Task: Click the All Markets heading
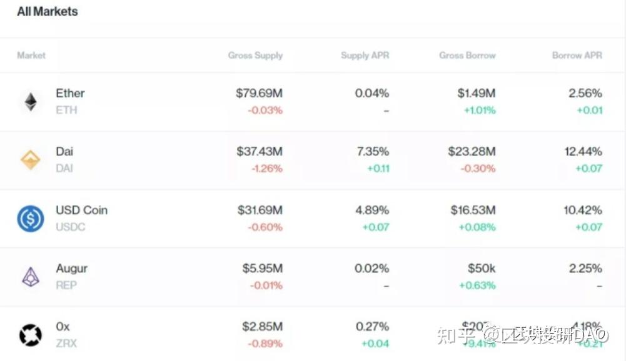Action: (48, 11)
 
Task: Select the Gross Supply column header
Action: (255, 56)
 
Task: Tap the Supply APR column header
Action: (365, 56)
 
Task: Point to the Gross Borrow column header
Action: (467, 56)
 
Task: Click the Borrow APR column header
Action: (577, 56)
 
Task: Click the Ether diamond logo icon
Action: (31, 102)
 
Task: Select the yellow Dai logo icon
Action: (31, 160)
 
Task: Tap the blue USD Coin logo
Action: (31, 219)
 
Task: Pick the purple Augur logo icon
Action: (31, 277)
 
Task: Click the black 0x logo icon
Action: (31, 335)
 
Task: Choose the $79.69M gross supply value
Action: (259, 94)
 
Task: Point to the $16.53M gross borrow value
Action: (473, 210)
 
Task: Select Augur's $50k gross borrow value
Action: (482, 269)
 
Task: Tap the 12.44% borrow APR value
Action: (582, 152)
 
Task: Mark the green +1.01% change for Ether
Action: (479, 111)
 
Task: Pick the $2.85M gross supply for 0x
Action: (262, 327)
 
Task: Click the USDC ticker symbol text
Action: (70, 227)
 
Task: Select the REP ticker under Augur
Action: (66, 285)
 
